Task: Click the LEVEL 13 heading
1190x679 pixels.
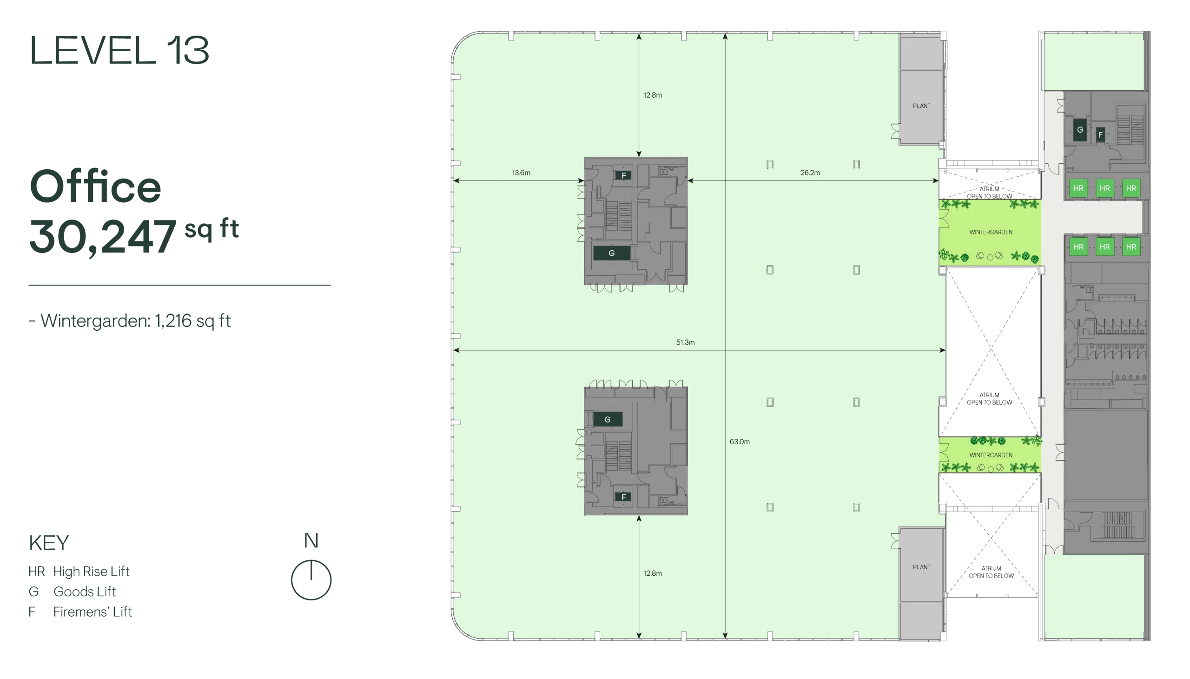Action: point(119,50)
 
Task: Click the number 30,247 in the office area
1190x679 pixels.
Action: point(103,237)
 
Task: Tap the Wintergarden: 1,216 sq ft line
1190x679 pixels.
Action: point(130,321)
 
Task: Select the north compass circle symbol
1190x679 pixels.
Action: point(311,579)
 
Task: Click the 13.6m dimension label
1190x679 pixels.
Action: point(521,173)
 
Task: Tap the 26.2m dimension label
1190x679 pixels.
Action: point(810,173)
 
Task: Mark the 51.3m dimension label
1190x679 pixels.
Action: point(685,342)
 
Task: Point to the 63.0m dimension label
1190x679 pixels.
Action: point(739,442)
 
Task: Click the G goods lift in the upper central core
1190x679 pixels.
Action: point(612,253)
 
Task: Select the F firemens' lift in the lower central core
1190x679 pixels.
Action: point(623,497)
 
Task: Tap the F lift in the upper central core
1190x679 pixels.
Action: point(623,176)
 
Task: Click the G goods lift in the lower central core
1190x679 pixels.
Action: point(608,419)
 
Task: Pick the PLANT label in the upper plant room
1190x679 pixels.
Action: point(921,106)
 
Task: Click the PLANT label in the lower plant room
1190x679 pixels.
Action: point(921,567)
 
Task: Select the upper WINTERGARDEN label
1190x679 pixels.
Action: point(991,232)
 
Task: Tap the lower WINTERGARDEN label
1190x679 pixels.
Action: point(991,455)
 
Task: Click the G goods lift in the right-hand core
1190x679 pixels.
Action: point(1079,130)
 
